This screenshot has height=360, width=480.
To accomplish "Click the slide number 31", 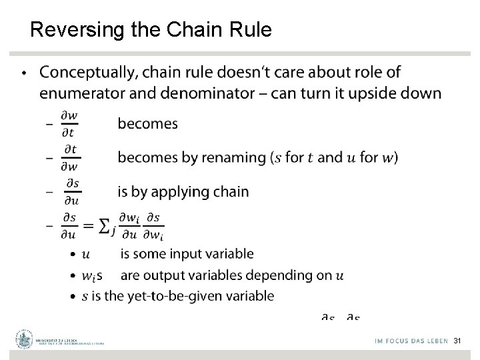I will tap(457, 341).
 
